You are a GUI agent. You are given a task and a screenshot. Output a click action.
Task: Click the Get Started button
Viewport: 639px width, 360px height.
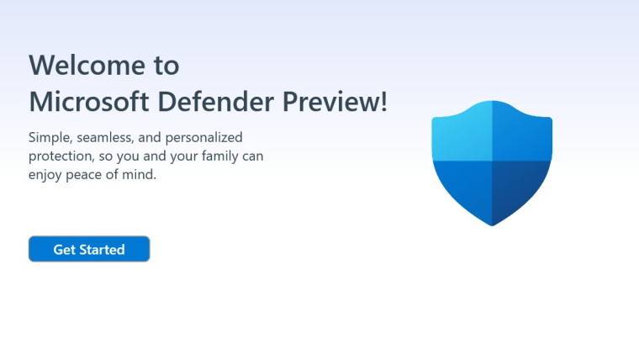(89, 249)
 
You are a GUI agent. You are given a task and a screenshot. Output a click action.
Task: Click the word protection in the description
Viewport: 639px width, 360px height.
(60, 156)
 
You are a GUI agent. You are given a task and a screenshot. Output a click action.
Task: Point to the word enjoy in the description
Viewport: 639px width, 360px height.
(46, 177)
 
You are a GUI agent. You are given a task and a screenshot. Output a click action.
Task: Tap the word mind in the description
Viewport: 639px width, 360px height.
(142, 176)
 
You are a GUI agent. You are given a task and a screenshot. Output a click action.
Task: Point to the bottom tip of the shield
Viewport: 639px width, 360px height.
(492, 223)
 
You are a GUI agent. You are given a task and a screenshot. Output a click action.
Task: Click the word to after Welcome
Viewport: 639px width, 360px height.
(167, 65)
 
